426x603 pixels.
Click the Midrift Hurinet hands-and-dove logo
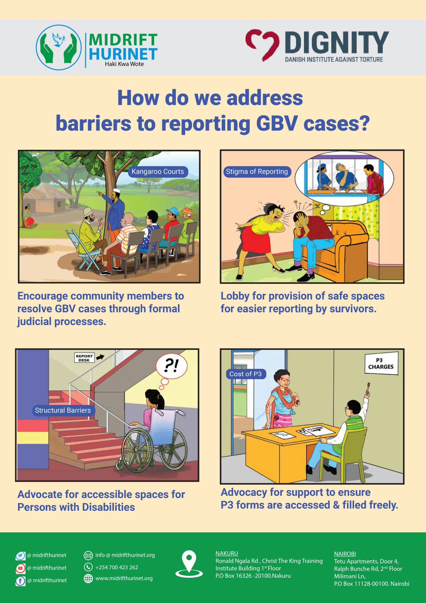pos(59,47)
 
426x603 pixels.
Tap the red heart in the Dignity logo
pos(262,44)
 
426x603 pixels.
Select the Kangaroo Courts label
pos(158,172)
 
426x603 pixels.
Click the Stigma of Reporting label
pos(257,172)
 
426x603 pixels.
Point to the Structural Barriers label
pos(63,410)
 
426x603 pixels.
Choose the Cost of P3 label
pos(245,374)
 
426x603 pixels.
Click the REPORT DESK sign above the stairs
pos(84,358)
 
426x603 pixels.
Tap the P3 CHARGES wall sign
pos(381,363)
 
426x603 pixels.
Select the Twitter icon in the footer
pos(21,556)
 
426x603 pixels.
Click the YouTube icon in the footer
pos(21,568)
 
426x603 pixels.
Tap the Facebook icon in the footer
pos(21,581)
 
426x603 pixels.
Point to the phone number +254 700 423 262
pos(117,567)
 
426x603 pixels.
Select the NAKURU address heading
pos(227,553)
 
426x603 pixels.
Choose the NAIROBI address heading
pos(345,554)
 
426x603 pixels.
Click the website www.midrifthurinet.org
pos(124,578)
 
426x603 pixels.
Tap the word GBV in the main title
pos(277,123)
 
